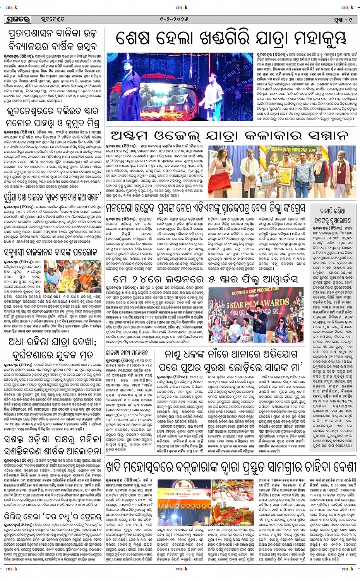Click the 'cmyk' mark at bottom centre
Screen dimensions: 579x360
(x=181, y=569)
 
